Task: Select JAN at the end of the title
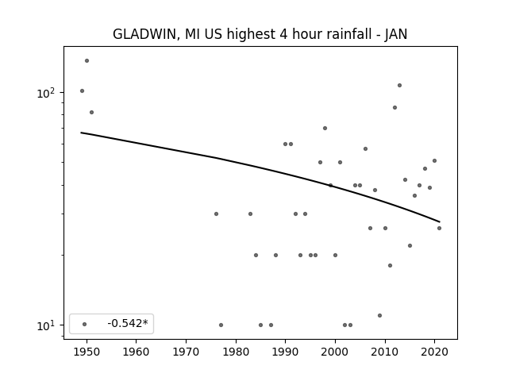point(396,34)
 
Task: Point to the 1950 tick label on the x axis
point(87,352)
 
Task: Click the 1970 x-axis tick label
point(187,352)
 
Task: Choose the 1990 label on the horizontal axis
point(286,352)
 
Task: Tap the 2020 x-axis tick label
point(434,352)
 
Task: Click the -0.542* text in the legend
point(128,323)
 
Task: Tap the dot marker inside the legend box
point(85,324)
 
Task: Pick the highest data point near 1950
point(87,60)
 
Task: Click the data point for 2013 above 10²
point(399,85)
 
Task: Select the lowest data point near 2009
point(379,315)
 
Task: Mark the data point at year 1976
point(216,214)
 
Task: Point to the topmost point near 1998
point(325,128)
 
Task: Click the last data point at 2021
point(439,228)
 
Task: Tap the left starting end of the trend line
point(81,133)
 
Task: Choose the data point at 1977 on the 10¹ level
point(221,325)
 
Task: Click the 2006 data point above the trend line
point(365,148)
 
